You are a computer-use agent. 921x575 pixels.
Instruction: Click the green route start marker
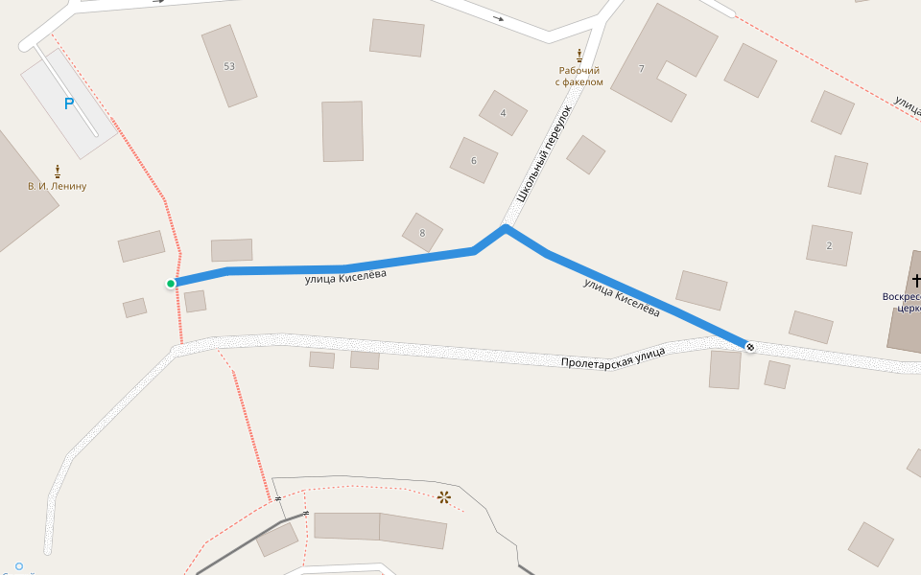171,283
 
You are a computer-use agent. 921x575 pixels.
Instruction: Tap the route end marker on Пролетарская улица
749,346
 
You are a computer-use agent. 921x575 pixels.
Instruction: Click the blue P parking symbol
68,103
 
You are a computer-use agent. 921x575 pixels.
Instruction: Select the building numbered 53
228,66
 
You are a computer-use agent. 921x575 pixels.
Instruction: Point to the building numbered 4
503,113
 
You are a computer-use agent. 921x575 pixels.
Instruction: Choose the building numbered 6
474,160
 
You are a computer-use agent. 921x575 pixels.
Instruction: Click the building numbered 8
422,232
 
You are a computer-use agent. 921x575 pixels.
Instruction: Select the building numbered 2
829,245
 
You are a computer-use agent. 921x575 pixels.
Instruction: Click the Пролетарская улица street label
613,359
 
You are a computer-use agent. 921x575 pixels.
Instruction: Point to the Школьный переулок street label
544,153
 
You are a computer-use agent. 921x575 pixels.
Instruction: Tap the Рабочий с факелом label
579,76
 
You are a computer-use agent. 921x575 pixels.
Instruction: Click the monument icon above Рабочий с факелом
579,55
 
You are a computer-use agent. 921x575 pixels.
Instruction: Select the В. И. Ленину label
58,186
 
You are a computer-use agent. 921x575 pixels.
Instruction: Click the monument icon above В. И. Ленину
58,170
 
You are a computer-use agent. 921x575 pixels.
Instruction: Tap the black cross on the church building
916,281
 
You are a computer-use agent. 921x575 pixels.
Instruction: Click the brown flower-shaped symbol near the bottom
444,496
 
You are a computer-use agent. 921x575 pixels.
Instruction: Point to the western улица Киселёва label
345,278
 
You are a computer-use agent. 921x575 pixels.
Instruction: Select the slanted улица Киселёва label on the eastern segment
622,298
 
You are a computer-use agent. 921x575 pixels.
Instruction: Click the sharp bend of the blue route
505,228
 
